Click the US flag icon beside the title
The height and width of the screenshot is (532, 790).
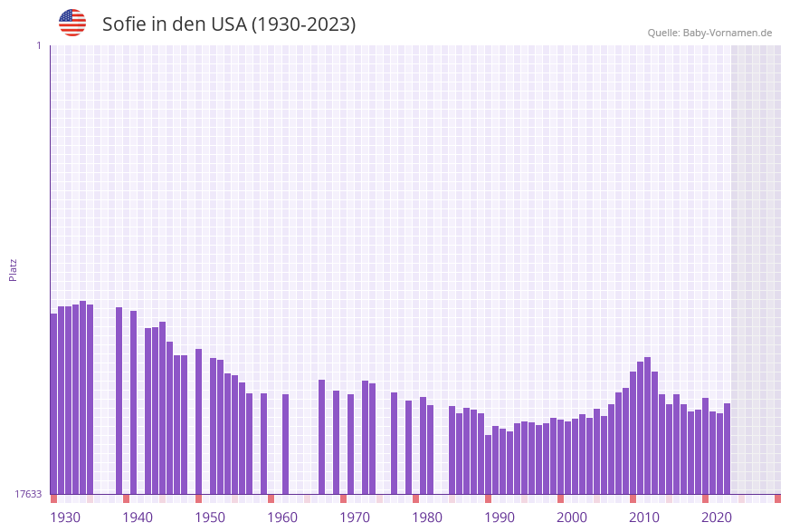pyautogui.click(x=72, y=23)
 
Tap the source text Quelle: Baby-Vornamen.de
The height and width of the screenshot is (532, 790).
pyautogui.click(x=709, y=33)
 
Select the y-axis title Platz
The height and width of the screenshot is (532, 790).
pyautogui.click(x=14, y=269)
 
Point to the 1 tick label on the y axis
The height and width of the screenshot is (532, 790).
pyautogui.click(x=38, y=46)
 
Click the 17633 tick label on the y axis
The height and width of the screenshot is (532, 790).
pyautogui.click(x=27, y=494)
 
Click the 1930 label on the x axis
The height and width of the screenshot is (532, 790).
pyautogui.click(x=65, y=517)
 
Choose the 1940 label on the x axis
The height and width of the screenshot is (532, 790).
pyautogui.click(x=138, y=517)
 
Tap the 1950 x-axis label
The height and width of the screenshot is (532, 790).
pyautogui.click(x=210, y=517)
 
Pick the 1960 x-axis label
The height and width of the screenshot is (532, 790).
pyautogui.click(x=282, y=517)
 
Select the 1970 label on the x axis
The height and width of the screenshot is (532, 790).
pyautogui.click(x=355, y=517)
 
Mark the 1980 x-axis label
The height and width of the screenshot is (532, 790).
pyautogui.click(x=427, y=517)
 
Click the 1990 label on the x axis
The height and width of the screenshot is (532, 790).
pyautogui.click(x=500, y=517)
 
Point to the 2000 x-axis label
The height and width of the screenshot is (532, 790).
pyautogui.click(x=572, y=517)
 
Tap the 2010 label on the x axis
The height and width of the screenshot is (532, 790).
pyautogui.click(x=644, y=517)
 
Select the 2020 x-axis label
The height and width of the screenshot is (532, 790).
pyautogui.click(x=717, y=517)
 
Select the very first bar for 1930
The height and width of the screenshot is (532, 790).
pyautogui.click(x=53, y=403)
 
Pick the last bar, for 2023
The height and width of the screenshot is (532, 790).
pyautogui.click(x=727, y=448)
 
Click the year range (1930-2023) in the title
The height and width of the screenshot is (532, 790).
pyautogui.click(x=303, y=24)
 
